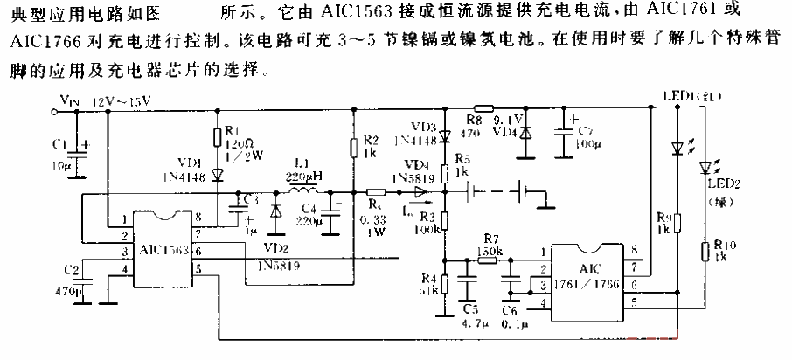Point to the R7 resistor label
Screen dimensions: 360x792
490,238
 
